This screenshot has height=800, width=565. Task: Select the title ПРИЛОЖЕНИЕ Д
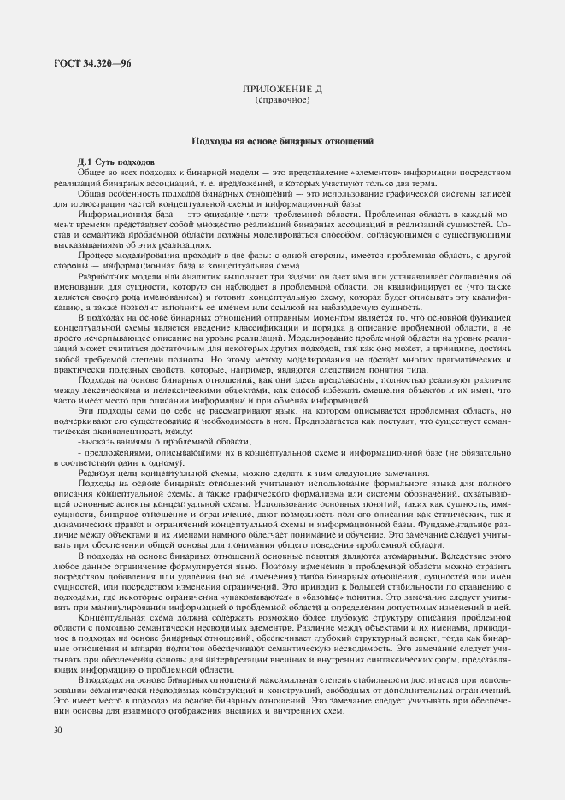pos(282,90)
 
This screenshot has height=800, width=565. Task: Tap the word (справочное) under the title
pos(282,100)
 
